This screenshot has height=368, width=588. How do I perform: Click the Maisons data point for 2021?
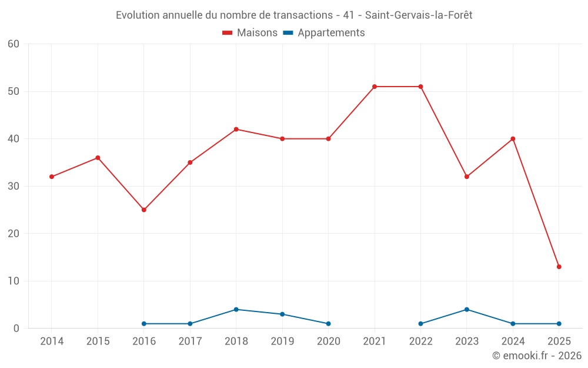click(x=375, y=87)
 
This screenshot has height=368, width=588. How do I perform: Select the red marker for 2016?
click(x=144, y=210)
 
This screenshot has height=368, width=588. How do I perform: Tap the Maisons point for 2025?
click(x=559, y=267)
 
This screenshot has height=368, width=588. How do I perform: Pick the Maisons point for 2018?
click(x=236, y=129)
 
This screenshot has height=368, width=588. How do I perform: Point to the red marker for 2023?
click(x=467, y=177)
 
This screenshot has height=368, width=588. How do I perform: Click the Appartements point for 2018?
click(x=236, y=309)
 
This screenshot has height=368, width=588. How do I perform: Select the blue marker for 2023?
click(x=467, y=309)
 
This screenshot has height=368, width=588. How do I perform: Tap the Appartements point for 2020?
click(x=328, y=324)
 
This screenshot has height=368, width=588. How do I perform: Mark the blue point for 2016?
click(x=144, y=324)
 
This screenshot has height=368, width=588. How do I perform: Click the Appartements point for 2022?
click(x=420, y=324)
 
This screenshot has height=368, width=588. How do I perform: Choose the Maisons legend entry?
click(x=250, y=33)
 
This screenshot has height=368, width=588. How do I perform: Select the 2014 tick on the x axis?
click(x=52, y=342)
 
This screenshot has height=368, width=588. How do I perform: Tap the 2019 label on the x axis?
click(x=282, y=342)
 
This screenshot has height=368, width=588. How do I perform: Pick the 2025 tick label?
click(x=559, y=342)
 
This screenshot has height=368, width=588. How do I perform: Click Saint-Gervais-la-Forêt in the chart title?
click(x=419, y=15)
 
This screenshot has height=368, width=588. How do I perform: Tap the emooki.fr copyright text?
click(x=537, y=356)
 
